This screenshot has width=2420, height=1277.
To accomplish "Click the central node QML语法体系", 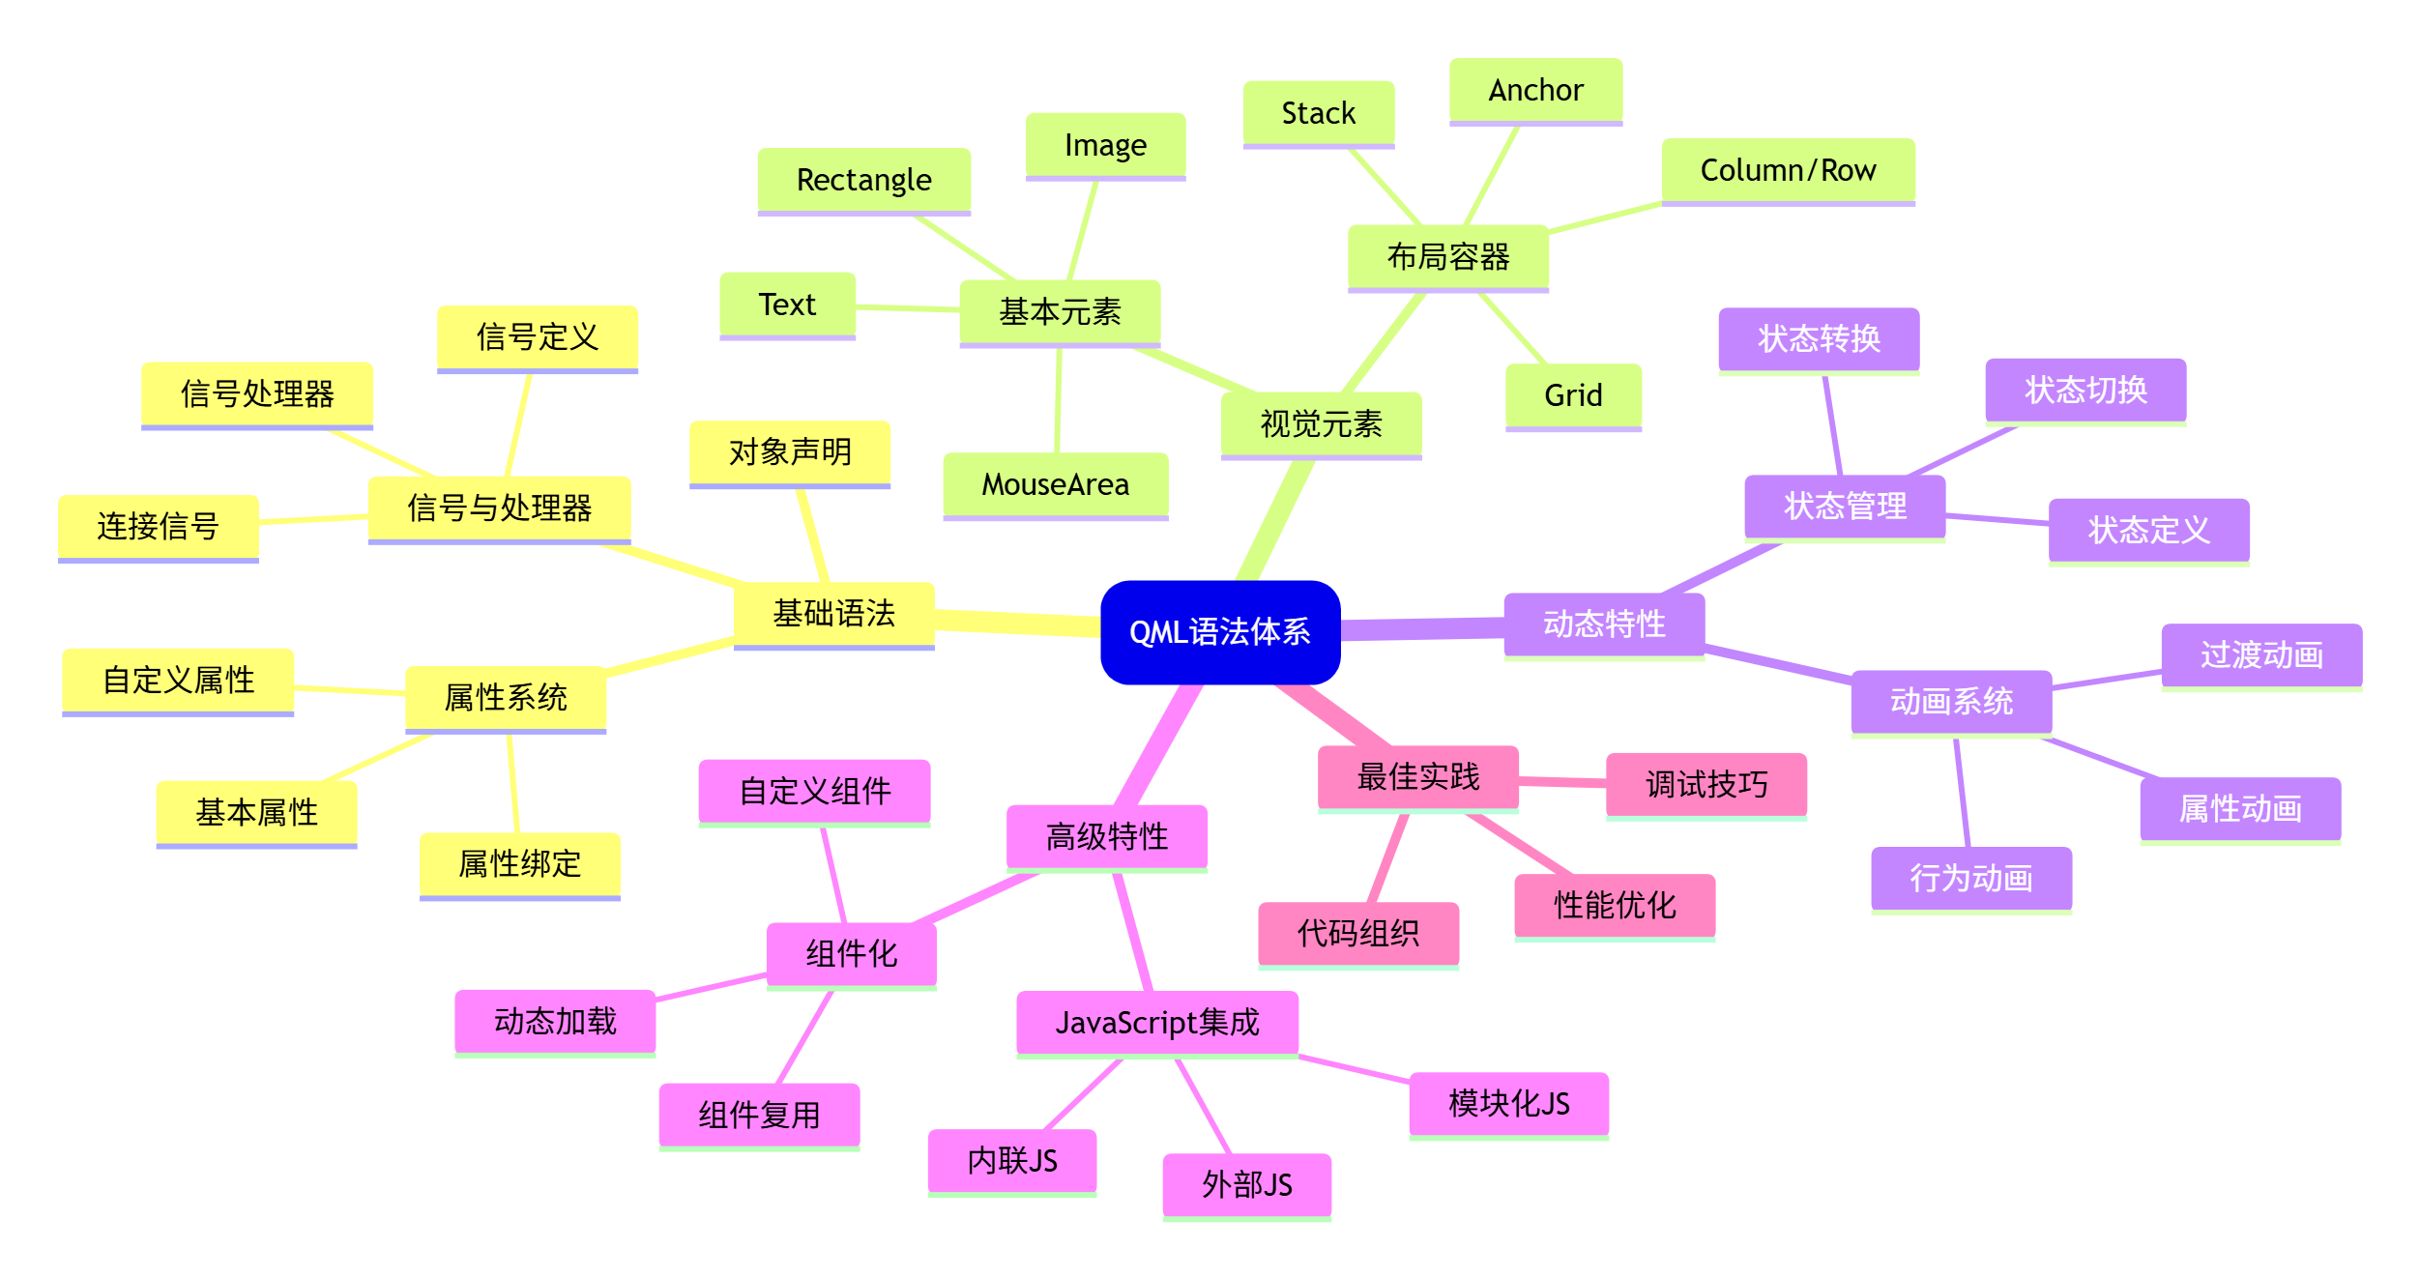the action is pos(1219,632).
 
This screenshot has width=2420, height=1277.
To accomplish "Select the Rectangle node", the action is pos(863,180).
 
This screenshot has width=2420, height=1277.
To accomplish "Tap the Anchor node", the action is pos(1535,90).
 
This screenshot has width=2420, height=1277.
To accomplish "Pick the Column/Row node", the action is pos(1788,170).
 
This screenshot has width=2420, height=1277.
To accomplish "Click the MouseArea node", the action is pos(1055,484).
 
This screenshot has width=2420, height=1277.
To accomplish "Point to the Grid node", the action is pos(1573,395).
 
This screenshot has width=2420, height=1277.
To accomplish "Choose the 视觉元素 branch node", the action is pos(1321,423).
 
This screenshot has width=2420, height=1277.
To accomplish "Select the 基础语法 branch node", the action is pos(833,613).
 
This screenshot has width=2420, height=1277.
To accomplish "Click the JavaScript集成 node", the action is pos(1156,1022).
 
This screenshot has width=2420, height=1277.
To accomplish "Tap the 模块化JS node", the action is pos(1508,1103).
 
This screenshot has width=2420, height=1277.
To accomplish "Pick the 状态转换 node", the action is pos(1819,338).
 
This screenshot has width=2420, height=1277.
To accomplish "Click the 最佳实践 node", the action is pos(1417,776).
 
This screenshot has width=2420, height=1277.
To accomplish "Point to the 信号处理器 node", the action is pos(256,393).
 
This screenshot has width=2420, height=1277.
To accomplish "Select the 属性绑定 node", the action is pos(519,863).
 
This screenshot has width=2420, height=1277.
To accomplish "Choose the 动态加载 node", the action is pos(555,1021).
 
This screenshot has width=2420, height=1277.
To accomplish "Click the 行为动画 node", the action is pos(1970,878).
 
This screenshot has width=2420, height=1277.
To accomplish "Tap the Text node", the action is pos(787,305).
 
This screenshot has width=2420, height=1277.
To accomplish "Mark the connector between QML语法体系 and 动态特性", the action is pos(1421,629).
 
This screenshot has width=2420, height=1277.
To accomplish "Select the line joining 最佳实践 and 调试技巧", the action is pos(1562,781).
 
